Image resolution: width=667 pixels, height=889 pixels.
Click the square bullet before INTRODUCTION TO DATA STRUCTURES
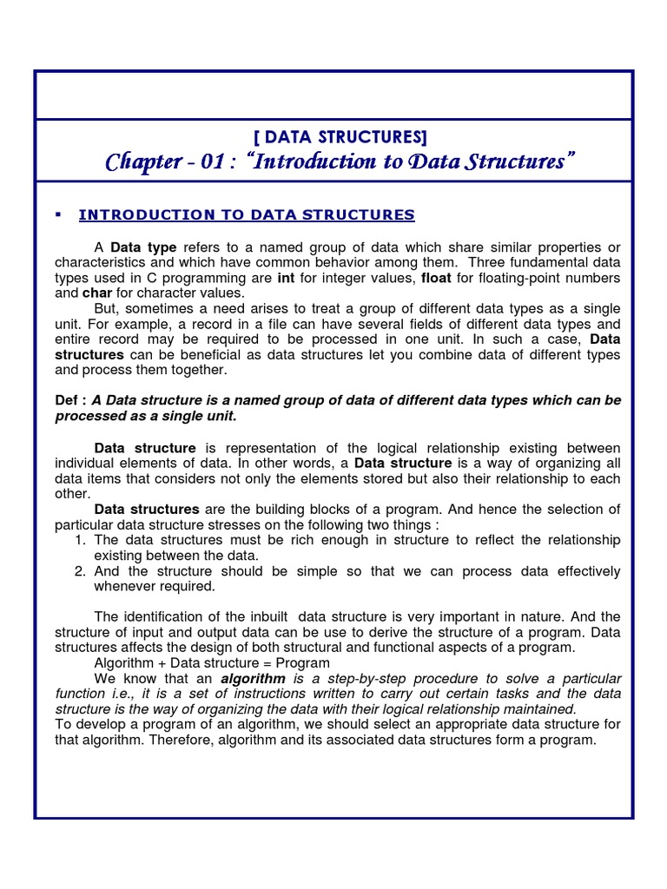[x=56, y=214]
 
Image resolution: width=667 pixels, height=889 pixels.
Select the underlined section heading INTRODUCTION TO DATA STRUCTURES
[x=247, y=214]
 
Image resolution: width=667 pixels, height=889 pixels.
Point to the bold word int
[x=286, y=278]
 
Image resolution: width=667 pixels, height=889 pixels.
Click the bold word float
[x=436, y=278]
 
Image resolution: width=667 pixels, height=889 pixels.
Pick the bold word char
[x=98, y=293]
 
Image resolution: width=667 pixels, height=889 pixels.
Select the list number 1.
[x=79, y=540]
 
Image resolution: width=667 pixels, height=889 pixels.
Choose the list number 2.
[x=79, y=571]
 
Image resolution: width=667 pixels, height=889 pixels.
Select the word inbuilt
[x=262, y=617]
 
